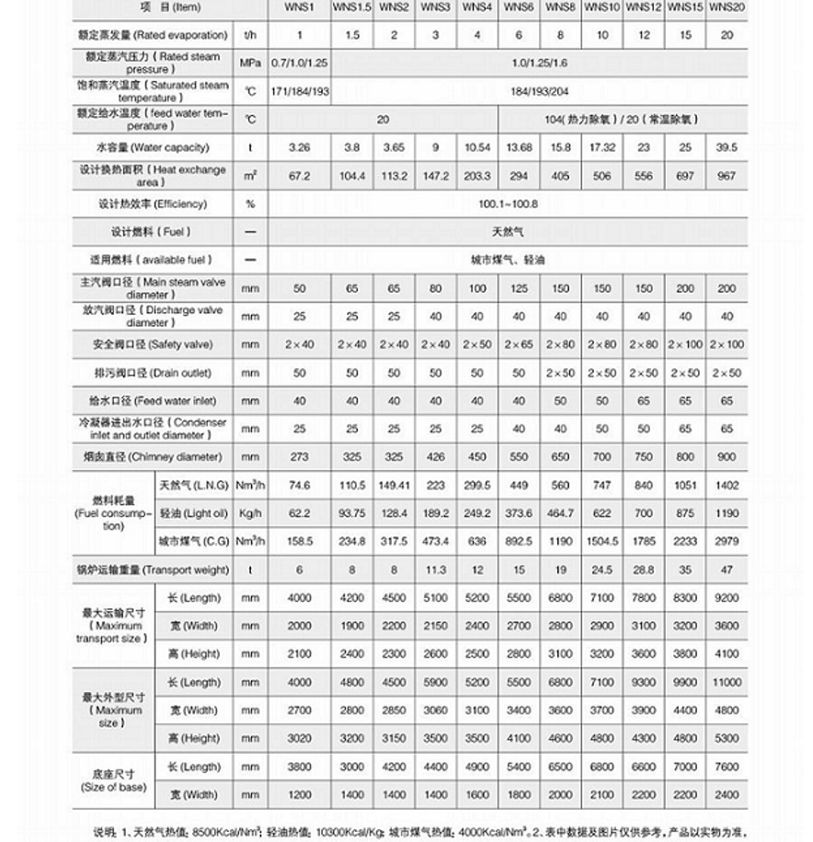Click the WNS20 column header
(727, 7)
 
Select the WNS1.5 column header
(352, 7)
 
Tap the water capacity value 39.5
(727, 147)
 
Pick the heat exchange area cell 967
(727, 176)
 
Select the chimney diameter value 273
(300, 457)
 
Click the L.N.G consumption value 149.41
(394, 485)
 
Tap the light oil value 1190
(727, 513)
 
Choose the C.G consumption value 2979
(727, 541)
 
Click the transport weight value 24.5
(602, 570)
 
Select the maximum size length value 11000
(727, 683)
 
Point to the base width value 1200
(300, 795)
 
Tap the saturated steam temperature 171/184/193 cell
(300, 91)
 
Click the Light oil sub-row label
(190, 513)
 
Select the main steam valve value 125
(519, 289)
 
